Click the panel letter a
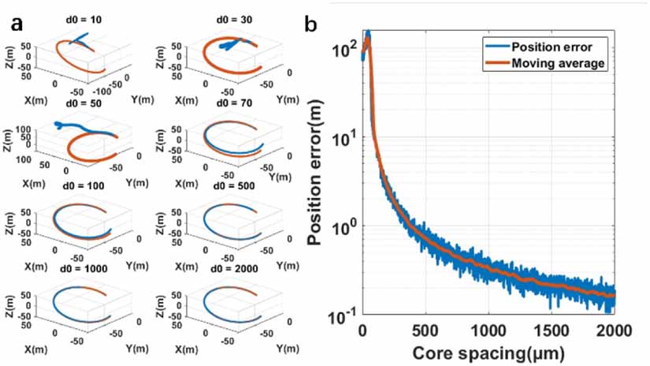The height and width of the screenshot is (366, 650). (x=17, y=24)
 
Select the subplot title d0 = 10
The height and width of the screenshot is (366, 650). (x=84, y=20)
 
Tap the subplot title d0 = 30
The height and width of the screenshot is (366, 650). (x=234, y=20)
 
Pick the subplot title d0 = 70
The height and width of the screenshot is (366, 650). (x=234, y=103)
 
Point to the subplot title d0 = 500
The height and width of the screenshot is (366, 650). (x=234, y=185)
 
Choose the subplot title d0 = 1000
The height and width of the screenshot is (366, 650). (x=84, y=268)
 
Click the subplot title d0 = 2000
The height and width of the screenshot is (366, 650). (x=234, y=268)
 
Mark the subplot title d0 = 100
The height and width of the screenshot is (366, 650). (x=84, y=185)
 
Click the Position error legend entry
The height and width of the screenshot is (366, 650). (x=552, y=47)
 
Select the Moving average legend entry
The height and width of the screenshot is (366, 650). (x=558, y=63)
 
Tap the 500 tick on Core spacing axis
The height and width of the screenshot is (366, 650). (x=425, y=331)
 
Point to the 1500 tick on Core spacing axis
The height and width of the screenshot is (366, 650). (x=552, y=331)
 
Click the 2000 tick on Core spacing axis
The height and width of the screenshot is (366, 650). (x=615, y=331)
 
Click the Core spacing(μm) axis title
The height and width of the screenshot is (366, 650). (x=488, y=353)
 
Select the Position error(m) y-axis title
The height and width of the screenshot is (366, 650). (x=315, y=172)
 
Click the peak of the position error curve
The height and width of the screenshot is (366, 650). (x=368, y=32)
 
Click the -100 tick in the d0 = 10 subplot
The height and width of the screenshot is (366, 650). (x=101, y=91)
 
